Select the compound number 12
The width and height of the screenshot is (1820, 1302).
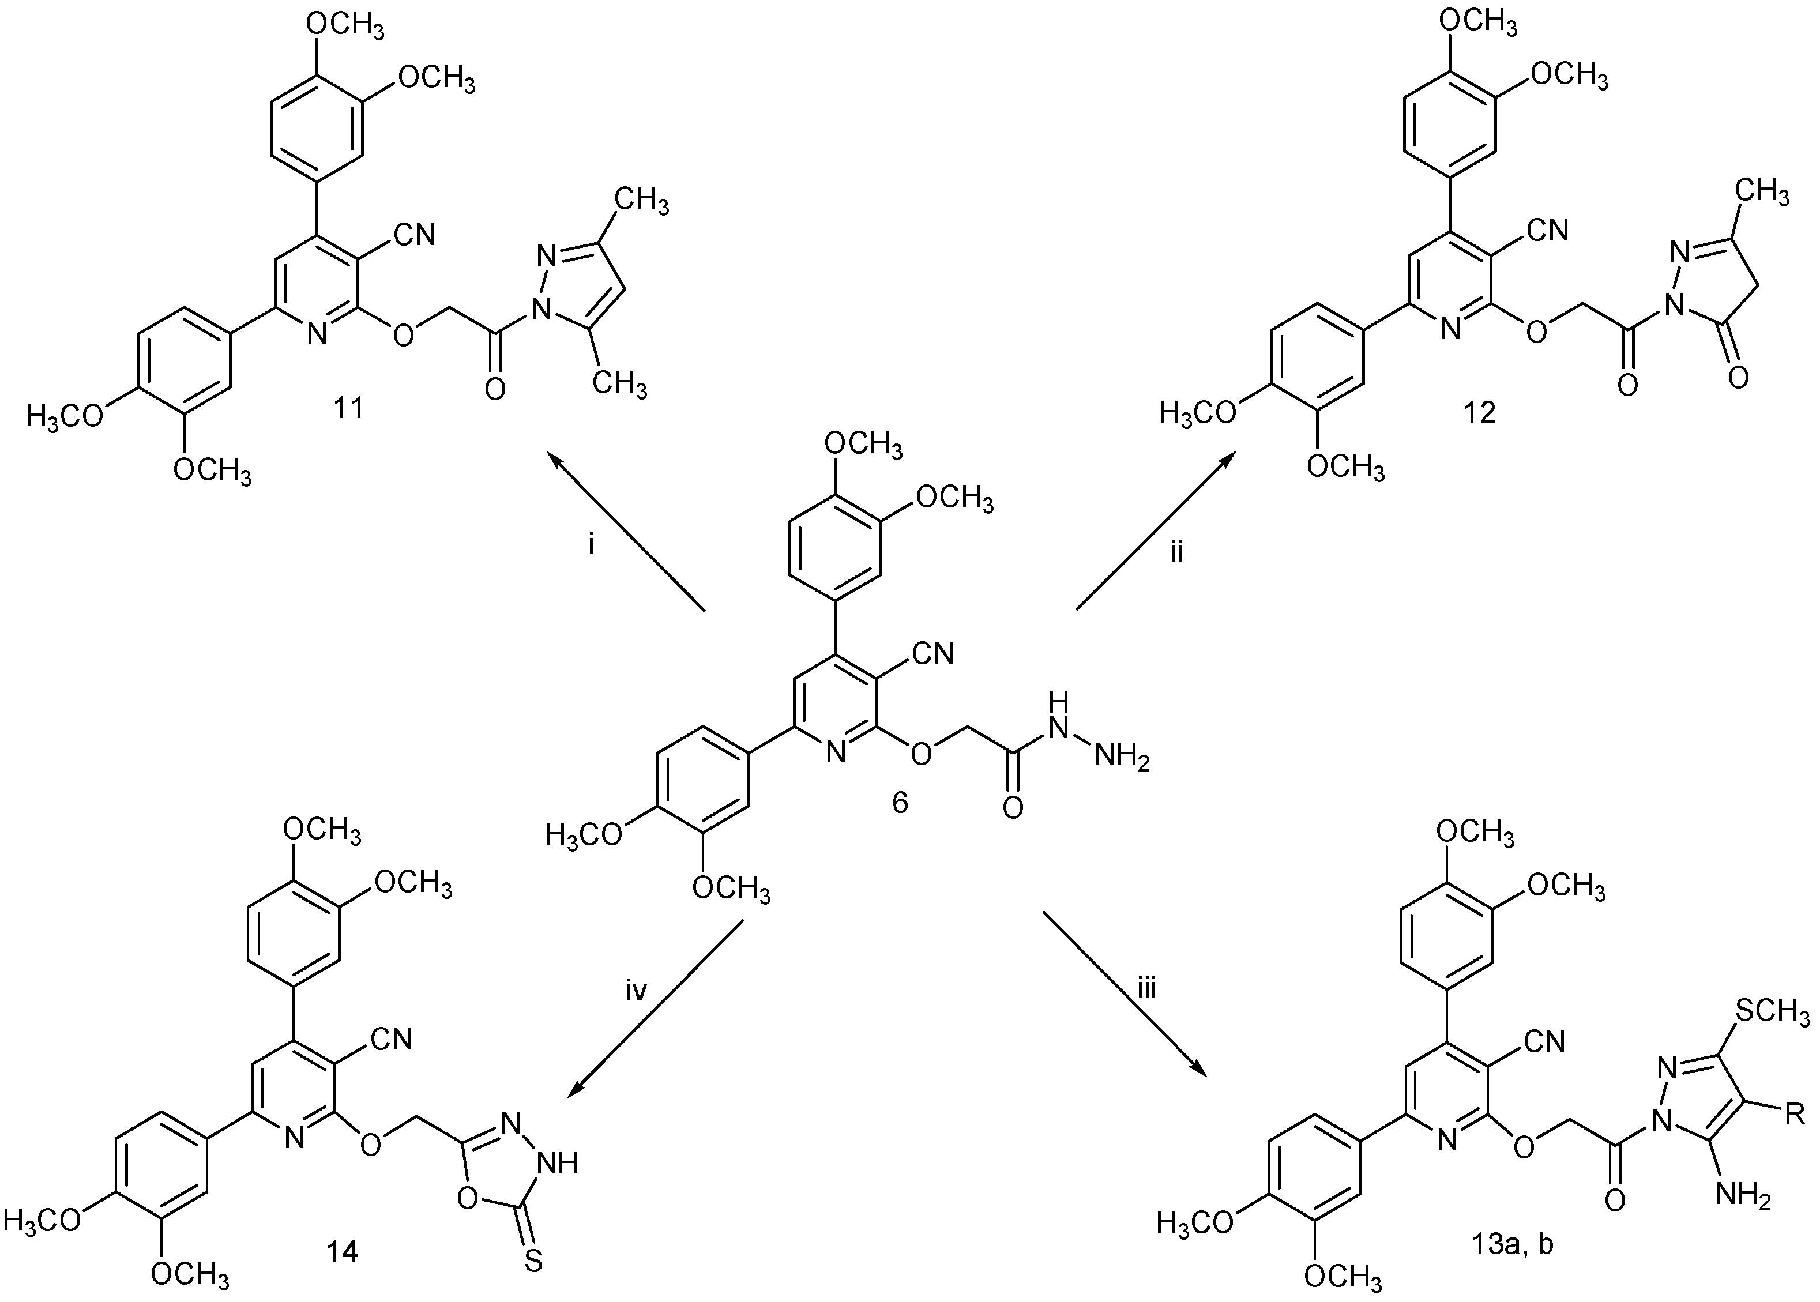click(x=1479, y=413)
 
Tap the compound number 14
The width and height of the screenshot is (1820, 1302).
click(x=343, y=1251)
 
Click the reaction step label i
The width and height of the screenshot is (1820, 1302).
click(x=591, y=547)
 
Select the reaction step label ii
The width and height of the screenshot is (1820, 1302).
click(x=1176, y=552)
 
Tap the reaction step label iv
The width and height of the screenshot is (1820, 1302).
click(x=635, y=992)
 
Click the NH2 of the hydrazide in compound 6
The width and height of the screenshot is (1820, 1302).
click(x=1122, y=758)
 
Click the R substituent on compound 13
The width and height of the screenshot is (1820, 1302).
click(x=1795, y=1115)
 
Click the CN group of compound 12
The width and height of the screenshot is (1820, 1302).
click(x=1547, y=230)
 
